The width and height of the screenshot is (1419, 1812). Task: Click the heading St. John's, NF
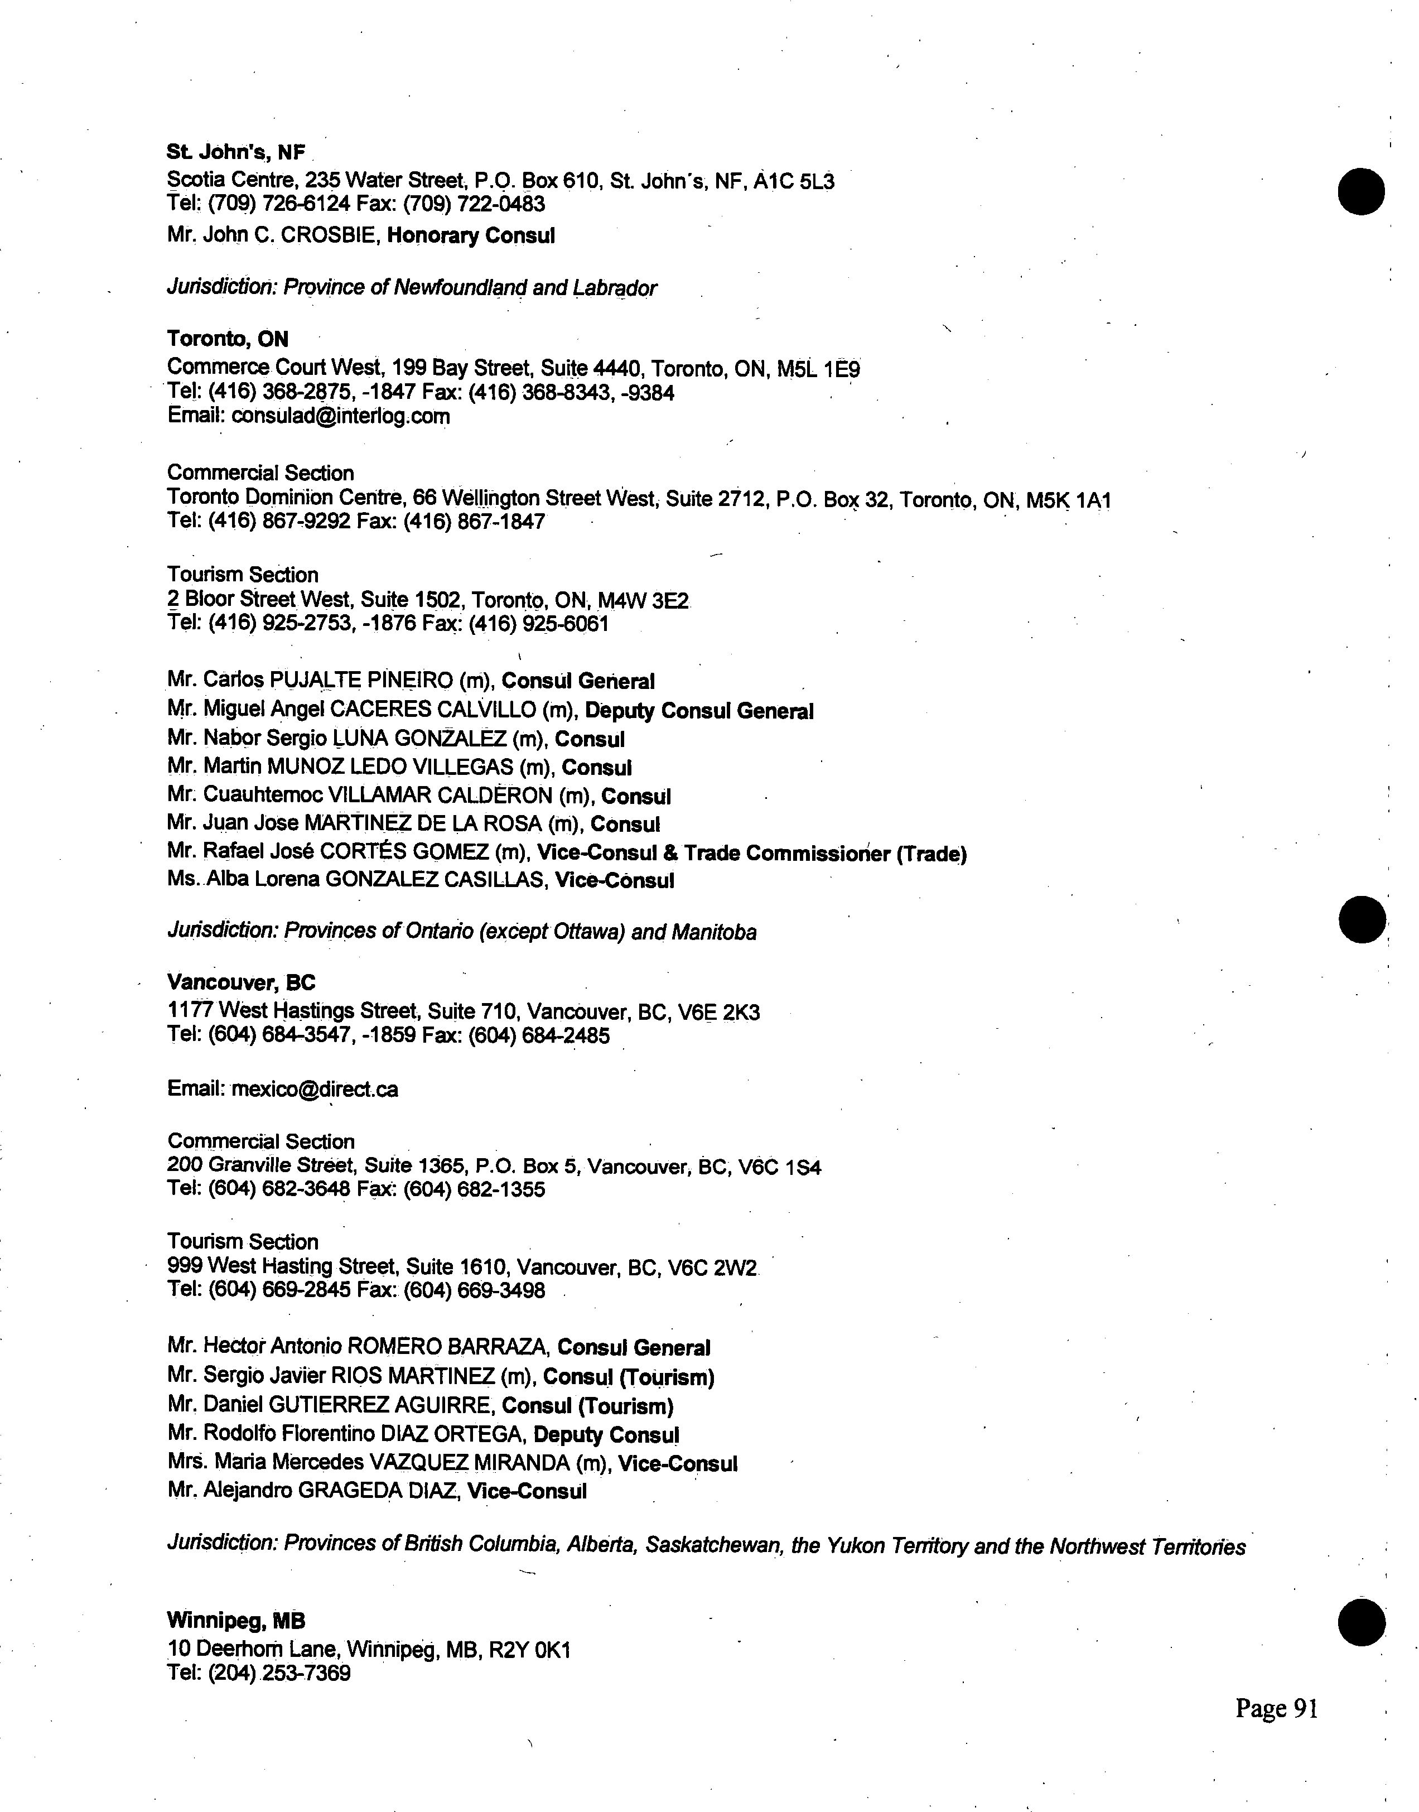coord(236,152)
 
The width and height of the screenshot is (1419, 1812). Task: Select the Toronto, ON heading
coord(228,339)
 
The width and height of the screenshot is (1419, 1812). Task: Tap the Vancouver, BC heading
coord(241,983)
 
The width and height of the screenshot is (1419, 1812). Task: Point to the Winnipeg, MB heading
coord(236,1620)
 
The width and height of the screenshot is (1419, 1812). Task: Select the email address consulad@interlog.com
coord(341,416)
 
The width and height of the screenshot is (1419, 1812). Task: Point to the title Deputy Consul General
coord(699,711)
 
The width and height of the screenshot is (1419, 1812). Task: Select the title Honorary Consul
coord(471,236)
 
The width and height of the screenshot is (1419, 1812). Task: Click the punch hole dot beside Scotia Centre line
coord(1362,191)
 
